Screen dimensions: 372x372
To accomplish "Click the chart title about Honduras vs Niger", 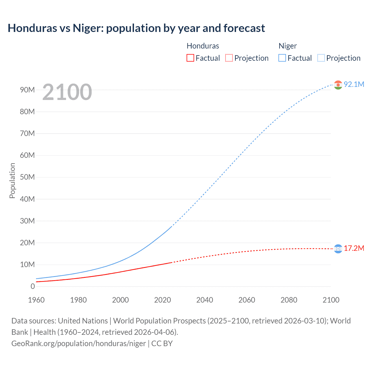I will pos(136,28).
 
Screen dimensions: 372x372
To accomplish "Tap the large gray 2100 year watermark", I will pos(67,92).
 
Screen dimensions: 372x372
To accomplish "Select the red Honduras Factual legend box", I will pos(190,58).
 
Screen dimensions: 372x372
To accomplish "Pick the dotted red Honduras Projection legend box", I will pos(229,58).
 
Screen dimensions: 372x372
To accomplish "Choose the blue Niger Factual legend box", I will pos(282,58).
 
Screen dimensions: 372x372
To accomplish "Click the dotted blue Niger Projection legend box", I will pos(321,58).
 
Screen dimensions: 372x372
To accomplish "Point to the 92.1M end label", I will pos(354,84).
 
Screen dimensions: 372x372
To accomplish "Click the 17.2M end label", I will pos(354,248).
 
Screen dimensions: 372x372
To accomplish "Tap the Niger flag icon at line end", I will pos(338,85).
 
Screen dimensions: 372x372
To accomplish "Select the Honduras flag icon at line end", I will pos(338,249).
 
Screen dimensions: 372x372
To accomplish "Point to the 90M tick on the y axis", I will pos(27,90).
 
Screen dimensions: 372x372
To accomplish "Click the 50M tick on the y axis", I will pos(27,177).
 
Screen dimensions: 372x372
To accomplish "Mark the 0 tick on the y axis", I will pos(33,286).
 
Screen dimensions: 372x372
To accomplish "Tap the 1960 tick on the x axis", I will pos(36,300).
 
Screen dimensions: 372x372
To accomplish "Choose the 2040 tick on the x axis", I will pos(205,300).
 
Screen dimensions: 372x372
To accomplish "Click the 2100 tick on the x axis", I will pos(331,300).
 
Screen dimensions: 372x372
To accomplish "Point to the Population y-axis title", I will pos(12,180).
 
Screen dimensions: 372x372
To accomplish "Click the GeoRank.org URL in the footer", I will pos(78,343).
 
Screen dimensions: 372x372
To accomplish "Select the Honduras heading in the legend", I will pos(203,46).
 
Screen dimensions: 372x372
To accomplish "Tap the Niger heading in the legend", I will pos(287,46).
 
